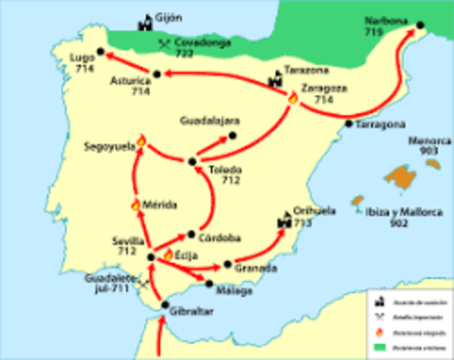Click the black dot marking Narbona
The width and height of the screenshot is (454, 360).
pyautogui.click(x=420, y=26)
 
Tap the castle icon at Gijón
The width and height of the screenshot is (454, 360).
pyautogui.click(x=143, y=22)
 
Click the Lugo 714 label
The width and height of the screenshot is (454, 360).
pyautogui.click(x=84, y=62)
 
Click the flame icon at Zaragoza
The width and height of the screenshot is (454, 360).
pyautogui.click(x=292, y=97)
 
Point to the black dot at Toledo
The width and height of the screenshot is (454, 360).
pyautogui.click(x=192, y=160)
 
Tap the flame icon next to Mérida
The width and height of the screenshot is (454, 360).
pyautogui.click(x=136, y=204)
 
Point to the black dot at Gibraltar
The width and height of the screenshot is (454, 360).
pyautogui.click(x=165, y=304)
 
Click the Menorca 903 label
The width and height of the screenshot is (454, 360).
pyautogui.click(x=425, y=145)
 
